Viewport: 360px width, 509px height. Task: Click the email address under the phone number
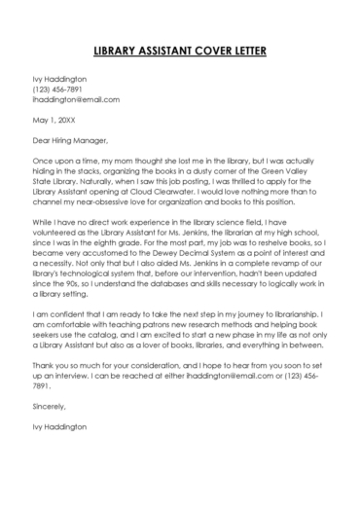[x=76, y=100]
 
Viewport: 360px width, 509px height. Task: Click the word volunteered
[x=59, y=236]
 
